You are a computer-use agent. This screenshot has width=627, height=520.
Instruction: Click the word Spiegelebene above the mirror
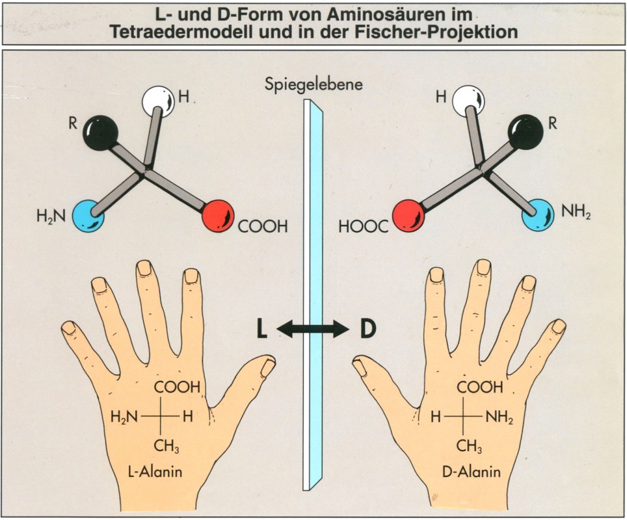point(313,84)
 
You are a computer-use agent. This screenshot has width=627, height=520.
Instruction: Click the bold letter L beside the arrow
point(261,330)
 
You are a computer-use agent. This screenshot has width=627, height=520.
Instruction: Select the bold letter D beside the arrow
point(367,330)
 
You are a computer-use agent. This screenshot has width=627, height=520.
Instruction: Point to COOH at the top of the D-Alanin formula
point(480,387)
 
